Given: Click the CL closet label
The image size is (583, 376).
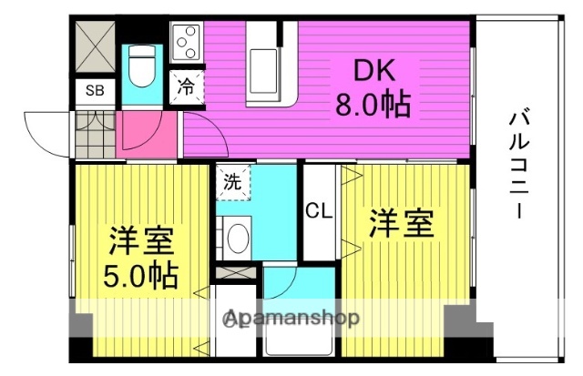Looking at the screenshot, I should pos(318,212).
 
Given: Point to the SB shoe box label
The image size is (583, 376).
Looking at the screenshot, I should pos(94,90).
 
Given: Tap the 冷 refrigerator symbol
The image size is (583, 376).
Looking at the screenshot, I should pos(186,87).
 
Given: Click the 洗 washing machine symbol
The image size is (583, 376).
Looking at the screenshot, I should pos(232,180).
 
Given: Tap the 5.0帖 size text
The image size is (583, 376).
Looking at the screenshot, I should pos(138,272).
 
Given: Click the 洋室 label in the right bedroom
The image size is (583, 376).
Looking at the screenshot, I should pos(401,224).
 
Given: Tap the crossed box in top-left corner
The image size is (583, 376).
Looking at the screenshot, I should pos(94,42).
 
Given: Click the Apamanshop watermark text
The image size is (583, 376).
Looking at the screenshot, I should pos(291,319).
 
